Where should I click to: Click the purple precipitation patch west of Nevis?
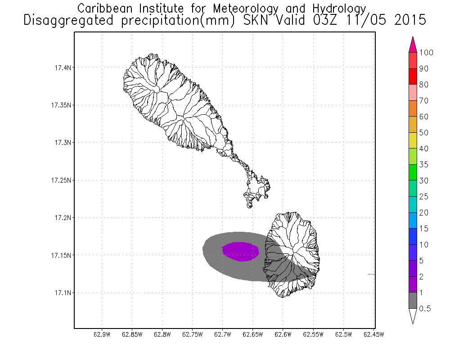[240, 252]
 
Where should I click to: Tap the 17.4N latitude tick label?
[63, 68]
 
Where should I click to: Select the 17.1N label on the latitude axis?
[63, 293]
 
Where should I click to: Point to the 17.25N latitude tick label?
[61, 180]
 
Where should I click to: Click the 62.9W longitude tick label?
[102, 335]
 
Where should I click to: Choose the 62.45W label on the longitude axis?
[373, 335]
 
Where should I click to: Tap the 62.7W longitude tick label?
[223, 335]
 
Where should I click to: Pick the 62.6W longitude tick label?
[283, 335]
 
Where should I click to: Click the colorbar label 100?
[426, 53]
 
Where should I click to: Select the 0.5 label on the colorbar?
[425, 309]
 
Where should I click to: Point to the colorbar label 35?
[424, 165]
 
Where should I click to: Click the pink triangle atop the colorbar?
[413, 45]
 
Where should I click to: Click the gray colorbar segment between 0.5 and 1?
[413, 301]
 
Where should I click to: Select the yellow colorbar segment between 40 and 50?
[413, 141]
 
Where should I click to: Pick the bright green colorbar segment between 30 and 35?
[413, 172]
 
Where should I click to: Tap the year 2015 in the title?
[410, 20]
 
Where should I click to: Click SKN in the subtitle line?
[256, 20]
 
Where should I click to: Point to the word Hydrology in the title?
[339, 9]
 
